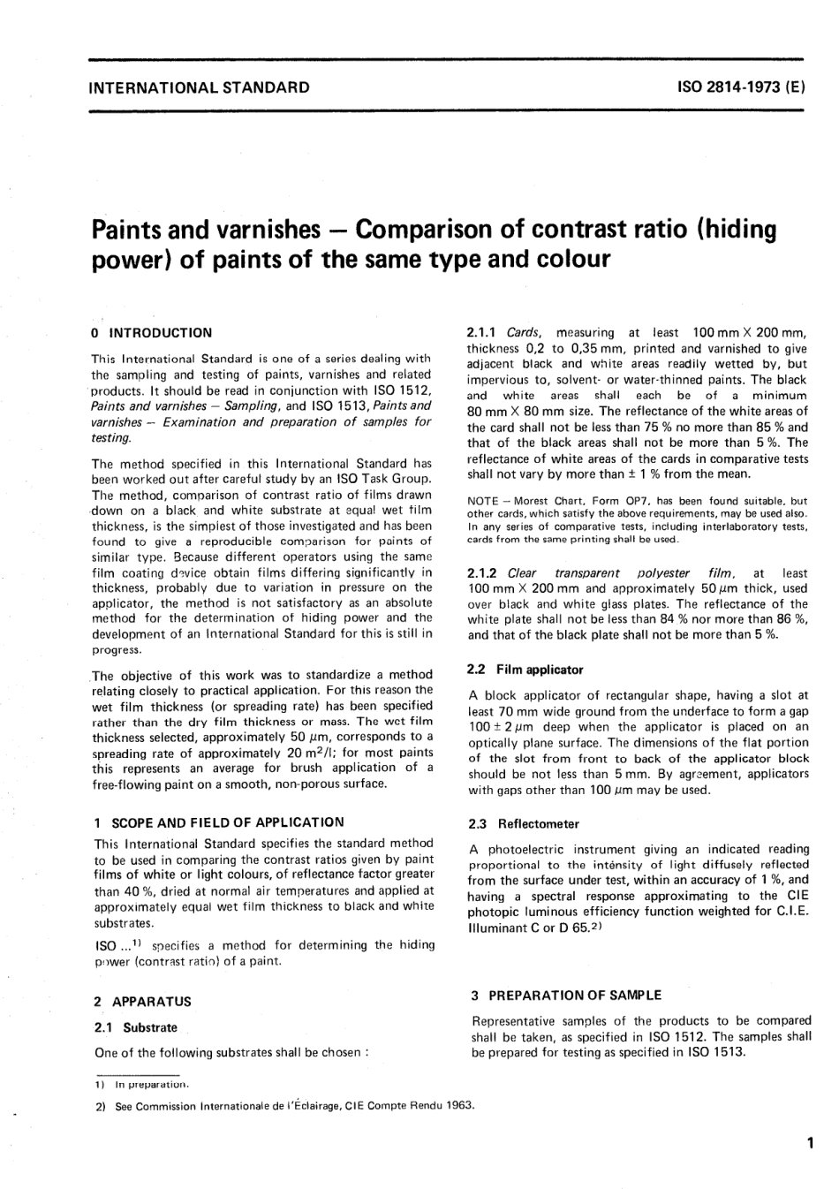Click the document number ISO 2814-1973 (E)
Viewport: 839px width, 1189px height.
(x=740, y=87)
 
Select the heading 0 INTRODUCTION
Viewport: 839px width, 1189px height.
(x=153, y=333)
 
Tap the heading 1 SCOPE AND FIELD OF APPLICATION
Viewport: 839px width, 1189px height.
(x=219, y=822)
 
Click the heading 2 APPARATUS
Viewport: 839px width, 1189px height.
(x=142, y=1002)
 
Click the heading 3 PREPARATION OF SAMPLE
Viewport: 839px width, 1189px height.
(x=566, y=995)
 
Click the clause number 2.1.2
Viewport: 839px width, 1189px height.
(x=484, y=572)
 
